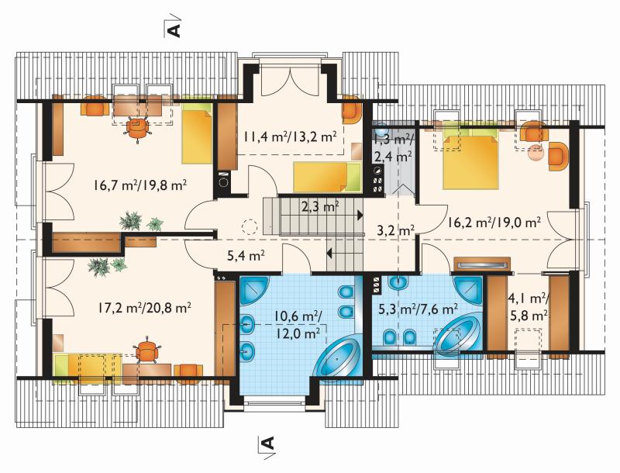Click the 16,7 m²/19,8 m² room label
tap(140, 185)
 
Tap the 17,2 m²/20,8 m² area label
tap(145, 307)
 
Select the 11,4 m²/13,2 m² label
tap(290, 136)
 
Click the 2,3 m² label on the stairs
tap(320, 207)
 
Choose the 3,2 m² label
tap(395, 230)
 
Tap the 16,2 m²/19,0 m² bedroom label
tap(494, 223)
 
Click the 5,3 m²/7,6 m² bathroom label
tap(418, 308)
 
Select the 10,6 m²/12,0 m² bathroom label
tap(298, 325)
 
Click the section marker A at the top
tap(174, 30)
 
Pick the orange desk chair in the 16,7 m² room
tap(137, 127)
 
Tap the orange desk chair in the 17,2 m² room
tap(146, 349)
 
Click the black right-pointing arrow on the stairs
tap(360, 215)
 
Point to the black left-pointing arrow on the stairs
tap(329, 253)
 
